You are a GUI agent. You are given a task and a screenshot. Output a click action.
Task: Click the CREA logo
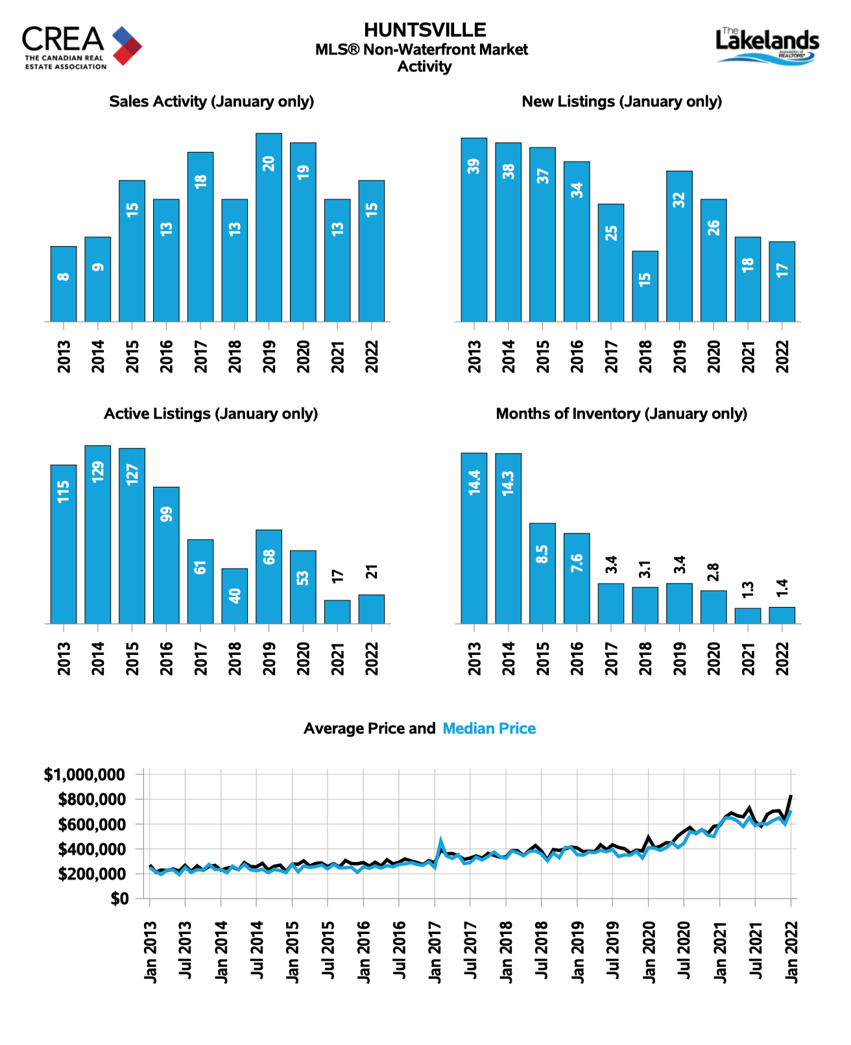[82, 47]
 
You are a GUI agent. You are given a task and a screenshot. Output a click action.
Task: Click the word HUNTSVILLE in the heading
[424, 31]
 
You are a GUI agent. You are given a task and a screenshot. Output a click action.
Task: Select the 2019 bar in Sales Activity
[269, 227]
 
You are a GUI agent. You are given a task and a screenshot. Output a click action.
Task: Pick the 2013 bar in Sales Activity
[64, 284]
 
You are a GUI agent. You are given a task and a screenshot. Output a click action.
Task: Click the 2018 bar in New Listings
[645, 286]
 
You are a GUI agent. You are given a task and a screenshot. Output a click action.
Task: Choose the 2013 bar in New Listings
[474, 230]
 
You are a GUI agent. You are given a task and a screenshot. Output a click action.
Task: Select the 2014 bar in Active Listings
[97, 534]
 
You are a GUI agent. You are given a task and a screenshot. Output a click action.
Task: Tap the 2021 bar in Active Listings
[337, 612]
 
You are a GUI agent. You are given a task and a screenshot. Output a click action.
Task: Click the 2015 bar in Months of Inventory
[542, 574]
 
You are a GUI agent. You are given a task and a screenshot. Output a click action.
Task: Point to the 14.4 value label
[474, 482]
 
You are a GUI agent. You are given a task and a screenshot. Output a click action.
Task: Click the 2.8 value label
[713, 572]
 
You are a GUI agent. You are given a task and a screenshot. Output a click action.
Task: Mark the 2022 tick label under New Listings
[782, 357]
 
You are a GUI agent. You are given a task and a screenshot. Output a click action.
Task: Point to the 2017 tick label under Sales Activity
[200, 357]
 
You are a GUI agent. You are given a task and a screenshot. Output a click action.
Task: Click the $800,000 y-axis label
[91, 799]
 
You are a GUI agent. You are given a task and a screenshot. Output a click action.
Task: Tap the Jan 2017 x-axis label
[435, 952]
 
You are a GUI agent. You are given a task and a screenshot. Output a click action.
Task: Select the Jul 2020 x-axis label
[684, 950]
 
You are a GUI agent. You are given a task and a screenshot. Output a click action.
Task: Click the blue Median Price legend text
[488, 728]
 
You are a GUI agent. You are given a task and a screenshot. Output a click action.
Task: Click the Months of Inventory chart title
[621, 414]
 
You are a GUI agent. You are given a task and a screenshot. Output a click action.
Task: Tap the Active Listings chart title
[211, 414]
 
